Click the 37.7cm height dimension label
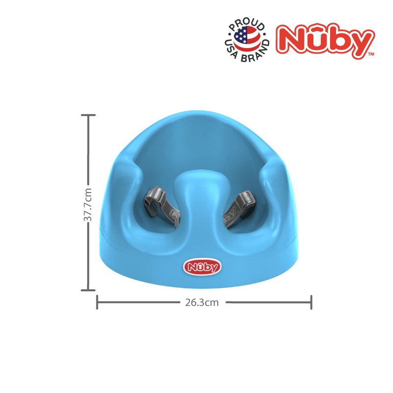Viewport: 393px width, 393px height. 88,205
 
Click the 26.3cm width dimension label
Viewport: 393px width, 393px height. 202,303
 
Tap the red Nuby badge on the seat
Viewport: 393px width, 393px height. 202,267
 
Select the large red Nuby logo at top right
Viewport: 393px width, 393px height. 325,41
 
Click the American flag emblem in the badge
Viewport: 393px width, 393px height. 247,39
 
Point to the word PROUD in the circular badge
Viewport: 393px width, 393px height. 247,24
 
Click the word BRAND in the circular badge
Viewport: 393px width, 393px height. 255,53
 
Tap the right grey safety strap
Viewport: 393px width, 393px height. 239,209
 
